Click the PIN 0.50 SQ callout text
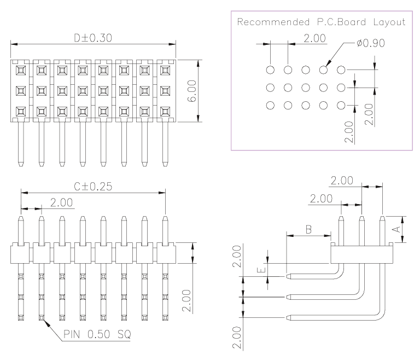tap(97, 334)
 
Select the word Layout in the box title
tap(390, 22)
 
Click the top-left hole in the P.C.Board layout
tap(270, 69)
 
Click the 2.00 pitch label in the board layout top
tap(314, 38)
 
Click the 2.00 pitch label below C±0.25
tap(61, 202)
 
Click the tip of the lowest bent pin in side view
tap(288, 317)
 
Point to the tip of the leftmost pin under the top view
tap(21, 164)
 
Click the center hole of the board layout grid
tap(306, 88)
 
